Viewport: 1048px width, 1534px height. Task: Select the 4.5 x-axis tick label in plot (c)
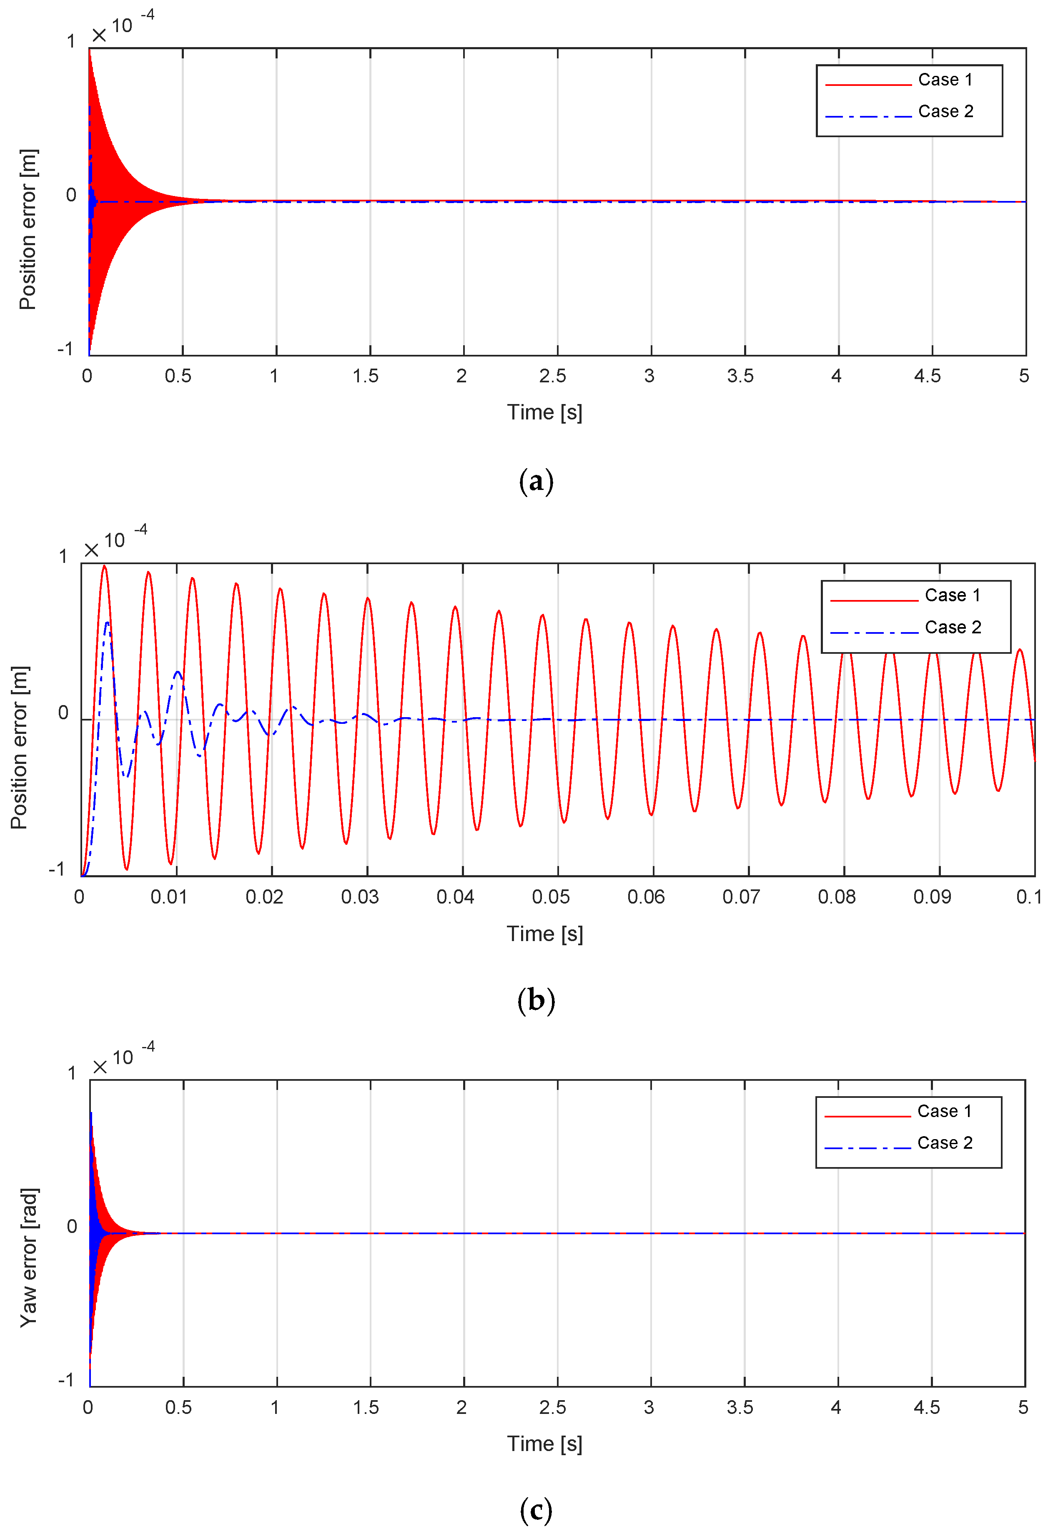click(x=927, y=1407)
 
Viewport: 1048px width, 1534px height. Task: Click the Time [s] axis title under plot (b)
click(x=544, y=934)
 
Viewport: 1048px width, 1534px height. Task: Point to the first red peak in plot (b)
click(x=104, y=566)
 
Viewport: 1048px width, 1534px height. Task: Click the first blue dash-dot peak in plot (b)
click(x=107, y=623)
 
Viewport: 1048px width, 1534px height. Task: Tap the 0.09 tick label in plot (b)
click(x=932, y=897)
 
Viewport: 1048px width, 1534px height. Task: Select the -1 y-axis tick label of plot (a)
click(x=65, y=349)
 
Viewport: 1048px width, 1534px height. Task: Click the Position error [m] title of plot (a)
click(x=28, y=230)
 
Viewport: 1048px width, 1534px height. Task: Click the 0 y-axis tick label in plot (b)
click(x=63, y=713)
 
